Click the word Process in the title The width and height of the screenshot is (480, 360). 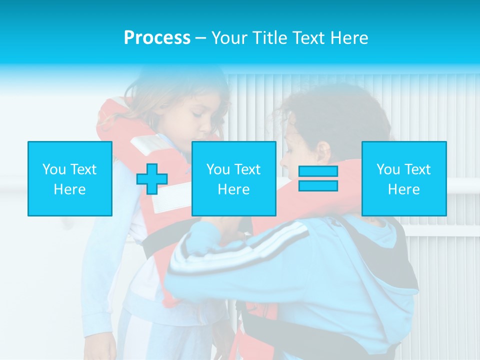pos(157,38)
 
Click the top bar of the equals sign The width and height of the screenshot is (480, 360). pos(318,171)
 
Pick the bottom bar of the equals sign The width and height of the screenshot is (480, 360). pos(318,186)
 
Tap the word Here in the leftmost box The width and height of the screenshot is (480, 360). pos(69,189)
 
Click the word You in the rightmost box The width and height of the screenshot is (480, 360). pos(388,169)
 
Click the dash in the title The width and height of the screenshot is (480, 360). pos(201,38)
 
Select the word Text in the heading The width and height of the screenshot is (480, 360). pos(309,38)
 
